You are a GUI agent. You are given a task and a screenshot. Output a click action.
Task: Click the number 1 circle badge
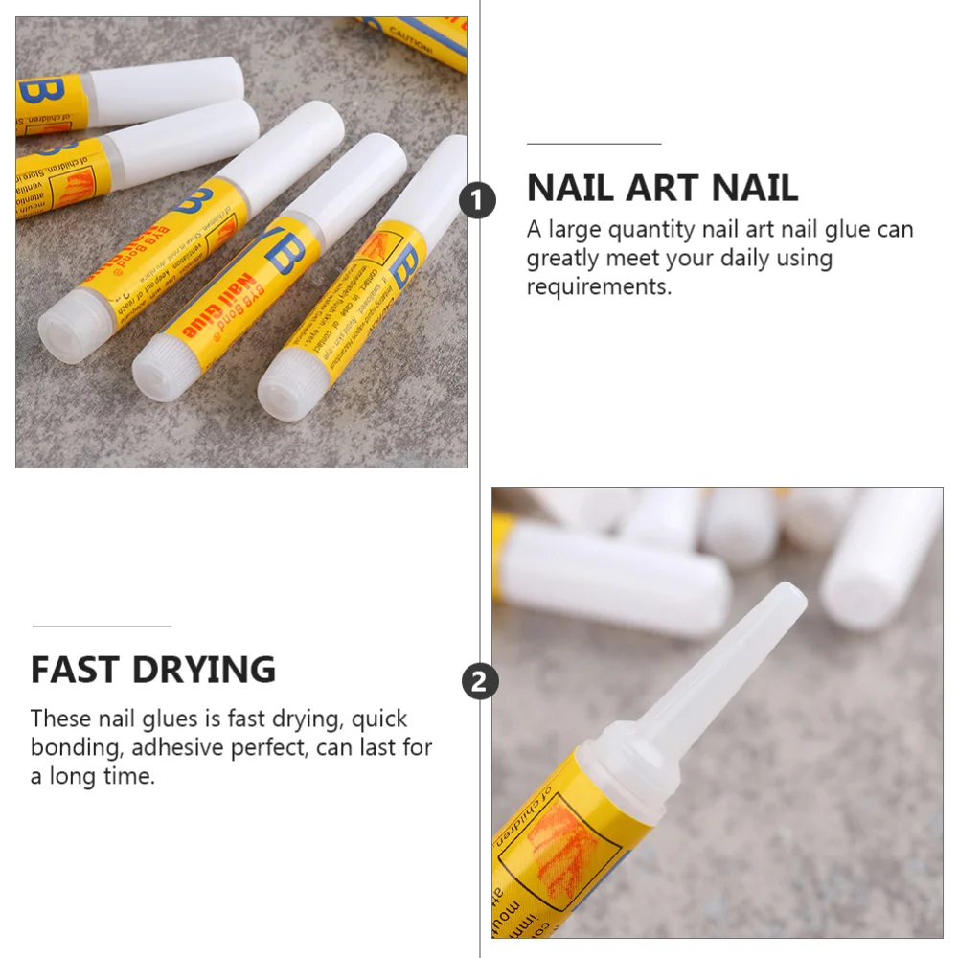click(x=478, y=201)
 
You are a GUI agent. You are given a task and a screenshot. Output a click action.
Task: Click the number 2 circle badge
click(x=480, y=682)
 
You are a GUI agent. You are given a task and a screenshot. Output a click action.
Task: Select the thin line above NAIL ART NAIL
click(x=594, y=144)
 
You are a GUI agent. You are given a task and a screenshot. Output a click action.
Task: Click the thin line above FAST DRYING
click(x=102, y=627)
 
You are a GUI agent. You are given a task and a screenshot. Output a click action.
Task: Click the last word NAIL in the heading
click(x=756, y=188)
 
